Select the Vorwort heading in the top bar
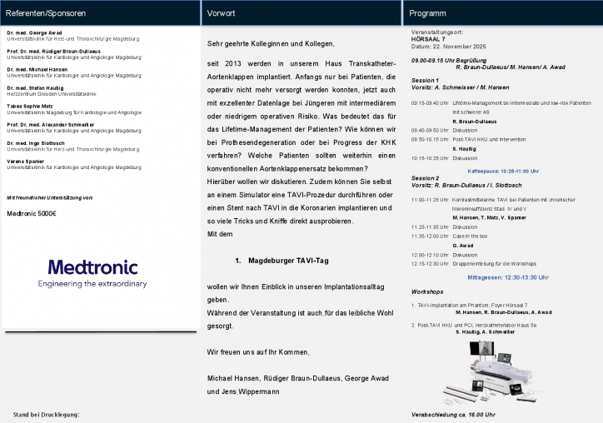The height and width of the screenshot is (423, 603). click(x=221, y=13)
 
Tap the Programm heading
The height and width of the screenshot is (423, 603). click(x=427, y=13)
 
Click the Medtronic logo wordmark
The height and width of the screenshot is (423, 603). click(x=92, y=266)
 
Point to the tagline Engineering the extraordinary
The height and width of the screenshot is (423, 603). click(x=92, y=284)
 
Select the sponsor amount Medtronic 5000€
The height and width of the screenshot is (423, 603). click(x=31, y=213)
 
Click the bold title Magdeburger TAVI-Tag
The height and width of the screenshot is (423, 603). click(x=288, y=261)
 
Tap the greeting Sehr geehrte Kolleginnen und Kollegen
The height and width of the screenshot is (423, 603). click(x=270, y=43)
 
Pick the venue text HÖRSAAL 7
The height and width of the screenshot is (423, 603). click(x=429, y=39)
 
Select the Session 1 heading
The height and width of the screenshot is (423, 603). click(x=425, y=80)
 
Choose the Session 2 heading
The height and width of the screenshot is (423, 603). click(x=425, y=177)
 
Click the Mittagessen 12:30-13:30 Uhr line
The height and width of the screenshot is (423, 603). click(x=508, y=276)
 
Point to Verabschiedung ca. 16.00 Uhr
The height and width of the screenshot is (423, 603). click(x=453, y=415)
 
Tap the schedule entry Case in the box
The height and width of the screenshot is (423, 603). click(x=471, y=236)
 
